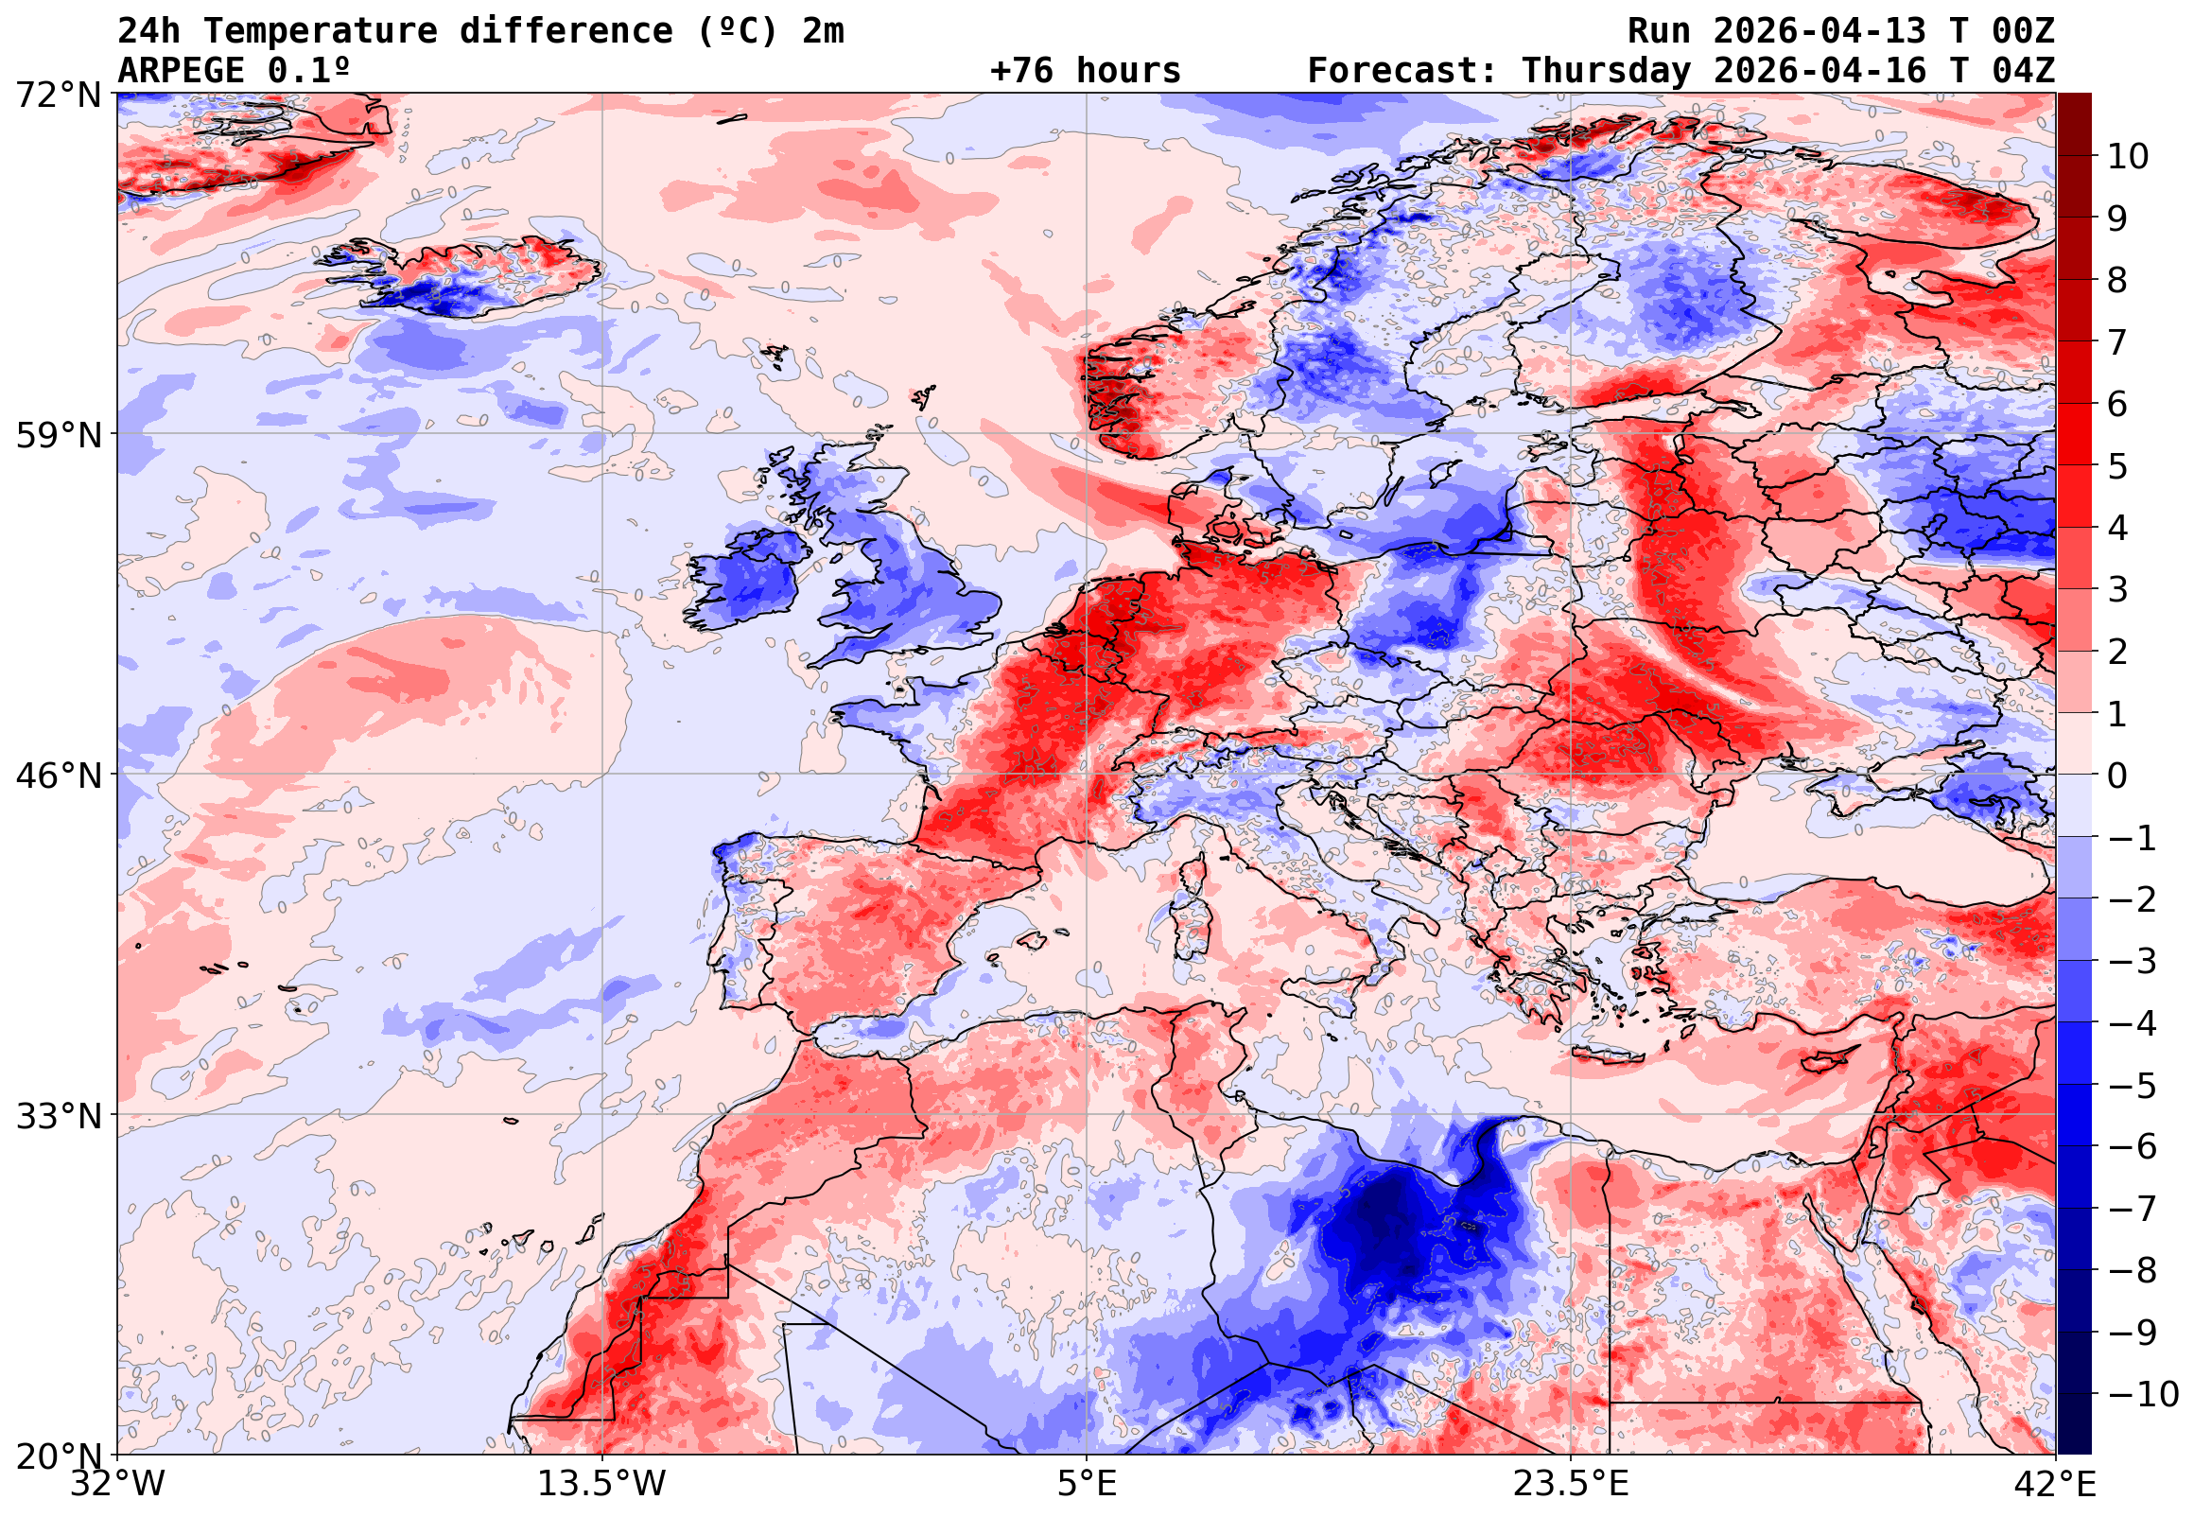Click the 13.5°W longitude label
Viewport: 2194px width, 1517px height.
click(602, 1484)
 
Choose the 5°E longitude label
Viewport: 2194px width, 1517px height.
click(1086, 1484)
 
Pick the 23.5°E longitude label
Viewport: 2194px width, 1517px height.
click(1571, 1484)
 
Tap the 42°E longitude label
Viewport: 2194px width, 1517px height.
click(2054, 1484)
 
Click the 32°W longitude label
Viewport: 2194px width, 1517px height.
click(117, 1484)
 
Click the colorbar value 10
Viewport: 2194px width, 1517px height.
click(2128, 157)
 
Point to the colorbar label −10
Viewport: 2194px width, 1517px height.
click(2143, 1394)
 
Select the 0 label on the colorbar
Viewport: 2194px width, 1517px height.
click(2117, 776)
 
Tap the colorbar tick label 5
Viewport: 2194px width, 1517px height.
click(2117, 466)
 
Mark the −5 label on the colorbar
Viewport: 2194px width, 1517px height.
click(2133, 1086)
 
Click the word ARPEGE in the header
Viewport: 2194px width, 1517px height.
click(181, 71)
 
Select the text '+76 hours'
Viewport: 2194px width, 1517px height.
click(1085, 71)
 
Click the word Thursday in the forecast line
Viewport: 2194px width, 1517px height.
click(1606, 71)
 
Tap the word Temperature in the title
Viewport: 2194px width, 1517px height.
click(321, 31)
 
